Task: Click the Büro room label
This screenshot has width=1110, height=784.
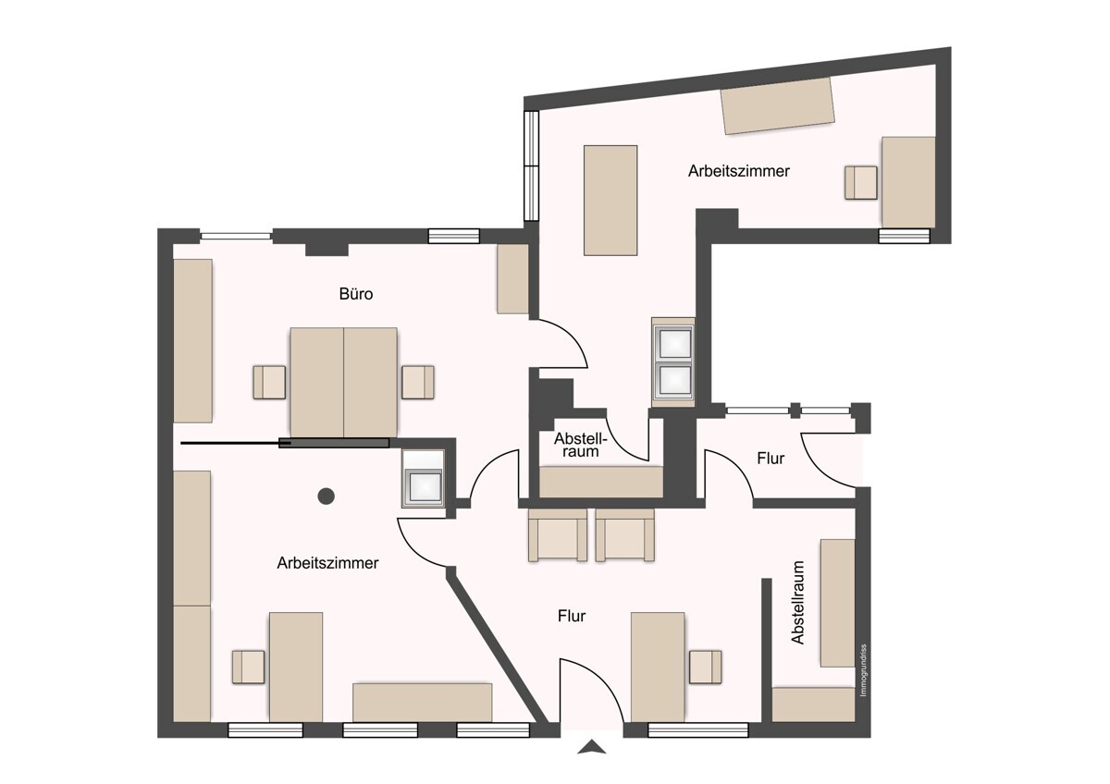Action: pos(356,294)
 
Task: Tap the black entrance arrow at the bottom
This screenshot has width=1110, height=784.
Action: pos(592,747)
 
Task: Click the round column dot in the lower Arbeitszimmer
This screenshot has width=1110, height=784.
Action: pos(326,496)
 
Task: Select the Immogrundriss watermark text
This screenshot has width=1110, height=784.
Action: pos(863,670)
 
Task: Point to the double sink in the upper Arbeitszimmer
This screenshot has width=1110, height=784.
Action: pos(673,362)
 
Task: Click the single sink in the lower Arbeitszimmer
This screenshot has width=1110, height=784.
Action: pos(424,479)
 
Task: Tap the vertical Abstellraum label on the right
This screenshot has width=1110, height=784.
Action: pos(797,602)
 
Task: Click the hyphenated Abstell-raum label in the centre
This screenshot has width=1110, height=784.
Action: pos(580,445)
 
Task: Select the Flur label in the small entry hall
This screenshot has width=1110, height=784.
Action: pos(771,459)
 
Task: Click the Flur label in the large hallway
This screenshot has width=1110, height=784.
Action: pos(572,616)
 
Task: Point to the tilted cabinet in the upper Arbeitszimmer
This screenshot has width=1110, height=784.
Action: pos(777,105)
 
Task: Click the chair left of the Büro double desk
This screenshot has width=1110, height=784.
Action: pos(269,383)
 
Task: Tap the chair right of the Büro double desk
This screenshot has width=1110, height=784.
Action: pos(418,383)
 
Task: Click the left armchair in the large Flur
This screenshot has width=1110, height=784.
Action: pos(558,535)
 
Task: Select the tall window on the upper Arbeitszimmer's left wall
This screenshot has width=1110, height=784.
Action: pos(531,165)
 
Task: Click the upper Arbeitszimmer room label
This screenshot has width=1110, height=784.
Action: pos(738,171)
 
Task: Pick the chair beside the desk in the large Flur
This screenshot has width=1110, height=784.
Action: pos(705,668)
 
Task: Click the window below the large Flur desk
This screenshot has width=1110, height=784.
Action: pos(697,729)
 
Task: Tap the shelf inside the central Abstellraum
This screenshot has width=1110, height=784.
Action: pos(601,482)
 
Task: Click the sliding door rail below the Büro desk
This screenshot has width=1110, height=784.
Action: pos(285,443)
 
